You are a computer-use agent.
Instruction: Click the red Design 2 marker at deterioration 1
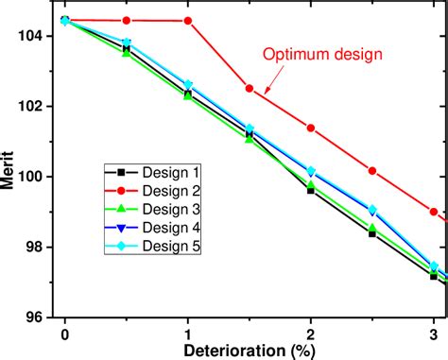[x=188, y=21]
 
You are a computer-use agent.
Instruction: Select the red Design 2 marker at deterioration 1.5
[x=250, y=89]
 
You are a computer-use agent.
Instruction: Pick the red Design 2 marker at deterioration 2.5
[x=372, y=171]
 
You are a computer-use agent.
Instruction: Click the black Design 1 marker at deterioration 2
[x=311, y=190]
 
